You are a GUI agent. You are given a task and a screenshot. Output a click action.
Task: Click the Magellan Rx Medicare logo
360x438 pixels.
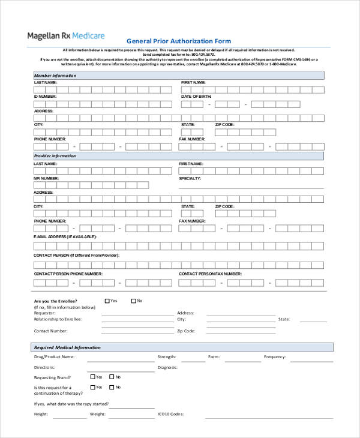pos(65,36)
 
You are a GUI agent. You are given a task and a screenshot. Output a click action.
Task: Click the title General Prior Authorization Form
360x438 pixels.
pos(178,41)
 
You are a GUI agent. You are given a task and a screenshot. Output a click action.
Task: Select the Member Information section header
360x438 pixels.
pos(55,76)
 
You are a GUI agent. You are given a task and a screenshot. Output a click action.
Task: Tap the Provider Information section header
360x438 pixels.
pos(55,155)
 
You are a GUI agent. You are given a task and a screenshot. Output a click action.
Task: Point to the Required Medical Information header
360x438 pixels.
pos(68,347)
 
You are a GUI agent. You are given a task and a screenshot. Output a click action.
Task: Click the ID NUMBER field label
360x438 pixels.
pos(45,96)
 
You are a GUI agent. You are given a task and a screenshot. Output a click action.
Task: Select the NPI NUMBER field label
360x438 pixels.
pos(46,178)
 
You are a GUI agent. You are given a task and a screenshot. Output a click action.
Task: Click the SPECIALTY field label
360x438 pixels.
pos(190,178)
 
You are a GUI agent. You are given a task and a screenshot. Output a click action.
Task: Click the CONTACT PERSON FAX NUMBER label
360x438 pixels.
pos(210,274)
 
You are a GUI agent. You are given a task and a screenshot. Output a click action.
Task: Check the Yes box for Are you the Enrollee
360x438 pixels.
pos(107,301)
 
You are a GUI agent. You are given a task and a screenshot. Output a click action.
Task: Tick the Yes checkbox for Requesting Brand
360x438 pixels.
pos(93,377)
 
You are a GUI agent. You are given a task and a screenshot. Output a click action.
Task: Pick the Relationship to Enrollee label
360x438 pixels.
pos(58,319)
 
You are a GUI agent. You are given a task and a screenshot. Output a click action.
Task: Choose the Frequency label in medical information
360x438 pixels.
pos(275,356)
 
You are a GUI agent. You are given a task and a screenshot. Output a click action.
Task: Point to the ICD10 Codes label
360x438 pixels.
pos(170,414)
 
